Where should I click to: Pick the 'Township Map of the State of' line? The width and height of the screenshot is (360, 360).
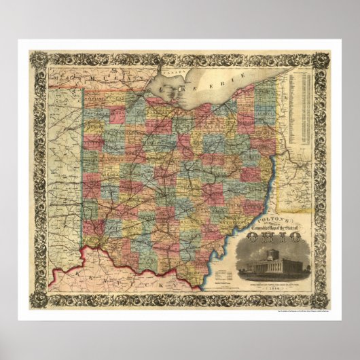point(275,227)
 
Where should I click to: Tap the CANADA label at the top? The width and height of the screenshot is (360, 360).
point(171,68)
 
